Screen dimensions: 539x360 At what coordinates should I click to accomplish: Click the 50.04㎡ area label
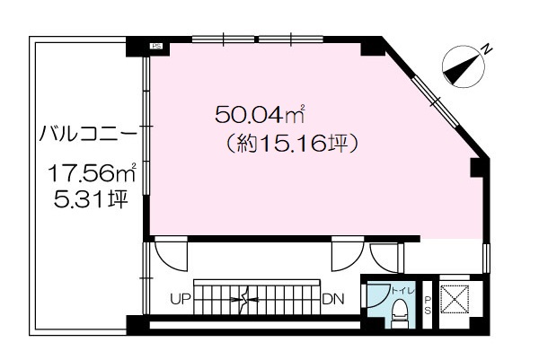point(260,114)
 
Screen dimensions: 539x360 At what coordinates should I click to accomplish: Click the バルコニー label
point(88,134)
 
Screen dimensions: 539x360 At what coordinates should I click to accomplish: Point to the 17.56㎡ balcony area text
point(92,172)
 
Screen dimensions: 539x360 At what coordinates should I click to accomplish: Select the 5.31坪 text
point(91,199)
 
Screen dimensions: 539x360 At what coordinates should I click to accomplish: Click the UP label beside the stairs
point(181,299)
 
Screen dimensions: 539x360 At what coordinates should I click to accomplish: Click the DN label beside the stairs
point(333,299)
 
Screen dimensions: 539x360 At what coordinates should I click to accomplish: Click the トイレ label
point(403,291)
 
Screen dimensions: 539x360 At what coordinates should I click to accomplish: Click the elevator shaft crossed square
point(455,299)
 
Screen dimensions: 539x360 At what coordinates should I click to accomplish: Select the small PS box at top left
point(157,46)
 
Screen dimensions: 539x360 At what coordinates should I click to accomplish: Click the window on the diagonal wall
point(435,101)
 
